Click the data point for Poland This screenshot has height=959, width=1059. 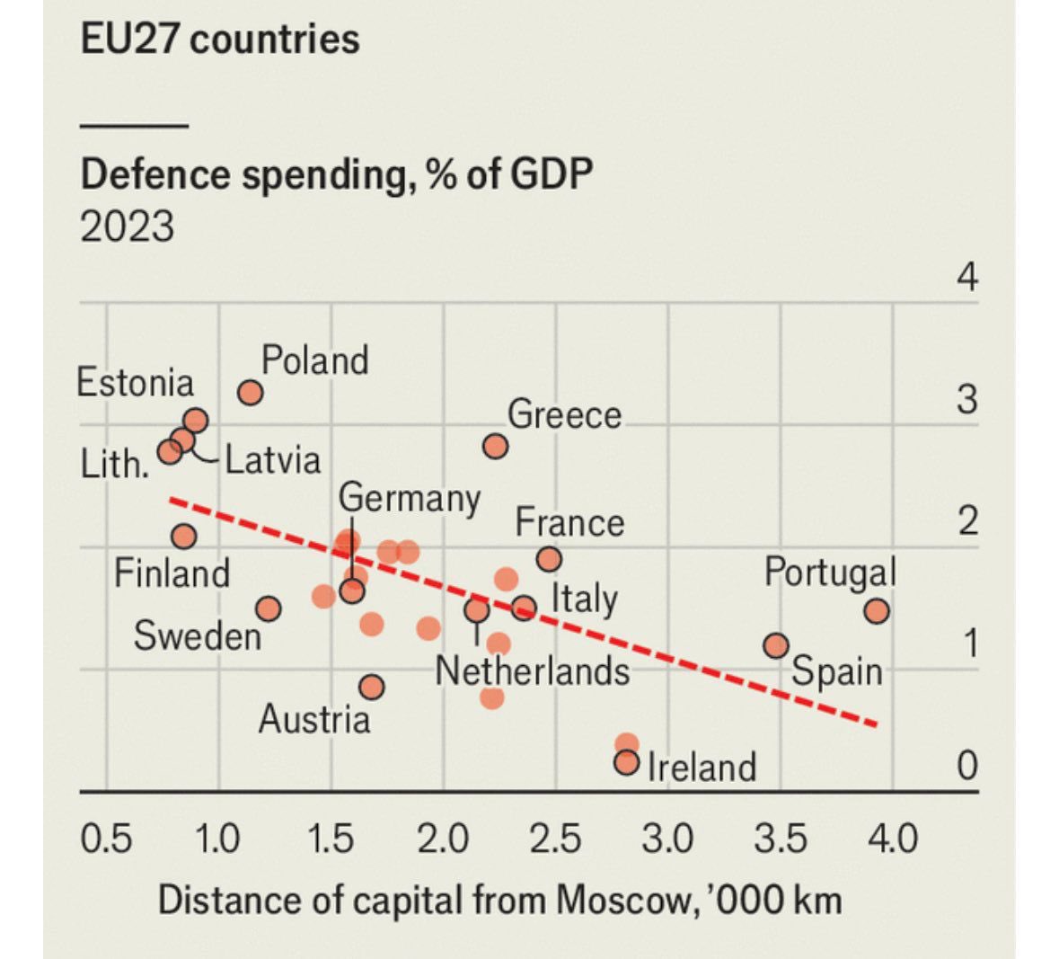[x=251, y=393]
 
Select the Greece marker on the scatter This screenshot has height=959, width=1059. [x=495, y=446]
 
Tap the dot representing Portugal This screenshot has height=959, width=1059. [x=877, y=611]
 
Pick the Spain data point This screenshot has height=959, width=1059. [x=776, y=645]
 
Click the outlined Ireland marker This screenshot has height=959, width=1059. [x=627, y=763]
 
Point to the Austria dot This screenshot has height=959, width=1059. [x=372, y=688]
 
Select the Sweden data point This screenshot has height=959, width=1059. [x=268, y=609]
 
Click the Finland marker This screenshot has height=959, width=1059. [x=184, y=537]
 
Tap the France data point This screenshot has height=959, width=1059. [x=549, y=559]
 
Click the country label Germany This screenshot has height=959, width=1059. [x=410, y=498]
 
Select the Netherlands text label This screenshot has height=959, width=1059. [x=532, y=671]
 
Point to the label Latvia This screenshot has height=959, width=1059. [x=272, y=459]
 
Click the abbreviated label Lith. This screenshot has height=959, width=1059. [x=114, y=465]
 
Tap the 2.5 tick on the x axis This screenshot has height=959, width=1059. [x=555, y=839]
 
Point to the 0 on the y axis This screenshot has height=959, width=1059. [x=966, y=766]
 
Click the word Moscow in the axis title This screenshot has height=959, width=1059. [x=624, y=900]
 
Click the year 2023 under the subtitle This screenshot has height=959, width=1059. [x=127, y=226]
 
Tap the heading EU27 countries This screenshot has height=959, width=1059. [x=220, y=40]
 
